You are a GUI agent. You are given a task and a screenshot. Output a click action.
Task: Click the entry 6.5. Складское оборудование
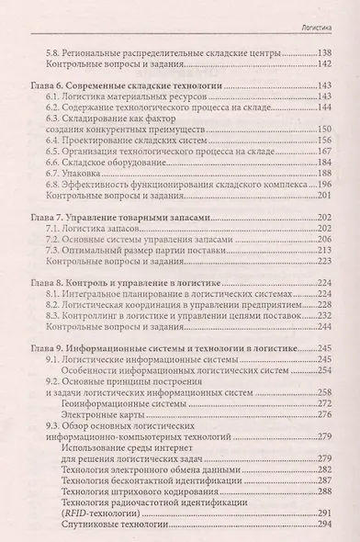(109, 159)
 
